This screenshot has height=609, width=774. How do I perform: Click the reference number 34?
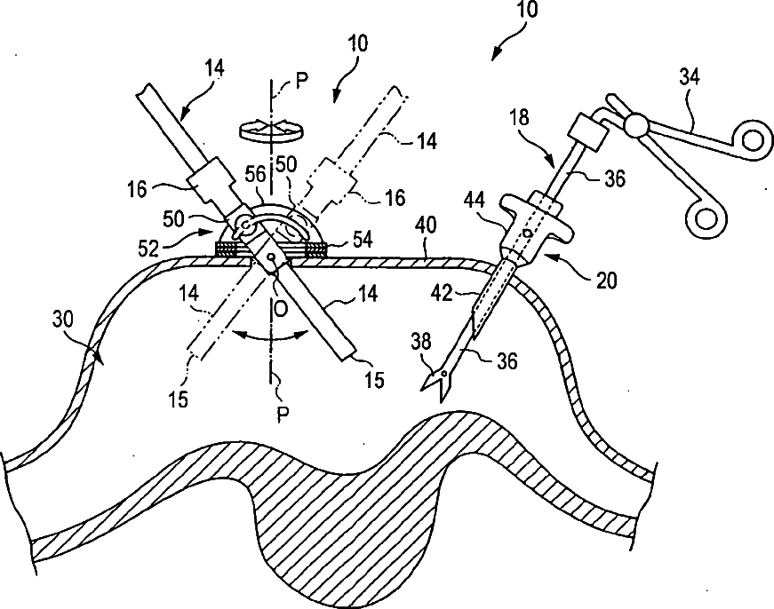[x=690, y=78]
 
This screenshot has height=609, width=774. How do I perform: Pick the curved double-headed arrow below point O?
[x=271, y=336]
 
